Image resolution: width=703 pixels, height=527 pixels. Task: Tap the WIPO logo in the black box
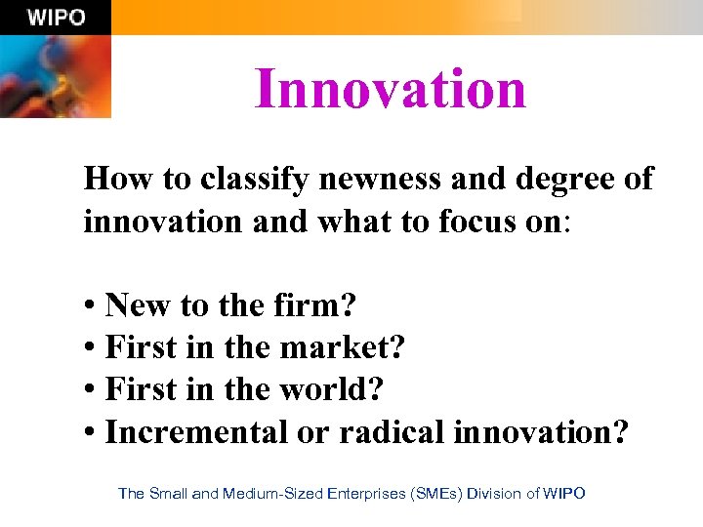56,17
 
